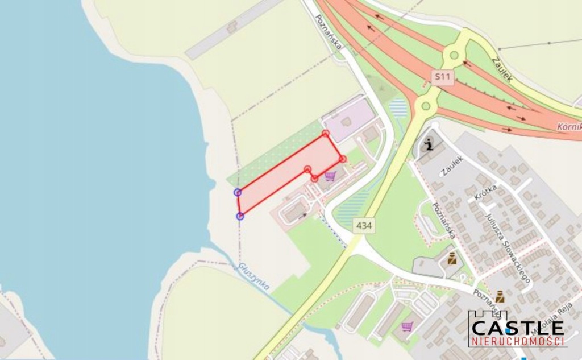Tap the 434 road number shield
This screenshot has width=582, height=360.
click(x=364, y=226)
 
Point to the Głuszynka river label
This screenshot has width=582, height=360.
click(x=253, y=276)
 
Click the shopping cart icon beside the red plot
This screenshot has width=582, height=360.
click(x=330, y=176)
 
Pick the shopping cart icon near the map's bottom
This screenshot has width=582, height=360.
click(x=407, y=326)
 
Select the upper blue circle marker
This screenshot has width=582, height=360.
click(x=238, y=192)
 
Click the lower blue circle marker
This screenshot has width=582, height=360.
click(x=240, y=216)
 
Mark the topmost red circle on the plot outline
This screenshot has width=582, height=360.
click(x=325, y=133)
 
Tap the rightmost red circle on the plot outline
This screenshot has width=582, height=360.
click(x=342, y=158)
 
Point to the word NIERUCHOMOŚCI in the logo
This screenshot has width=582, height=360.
click(x=517, y=341)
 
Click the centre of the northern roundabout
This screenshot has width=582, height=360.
click(x=454, y=56)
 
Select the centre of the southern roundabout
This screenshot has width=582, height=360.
click(x=425, y=106)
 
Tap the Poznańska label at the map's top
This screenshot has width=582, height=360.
click(x=329, y=32)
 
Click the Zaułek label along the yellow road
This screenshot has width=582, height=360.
click(x=502, y=69)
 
